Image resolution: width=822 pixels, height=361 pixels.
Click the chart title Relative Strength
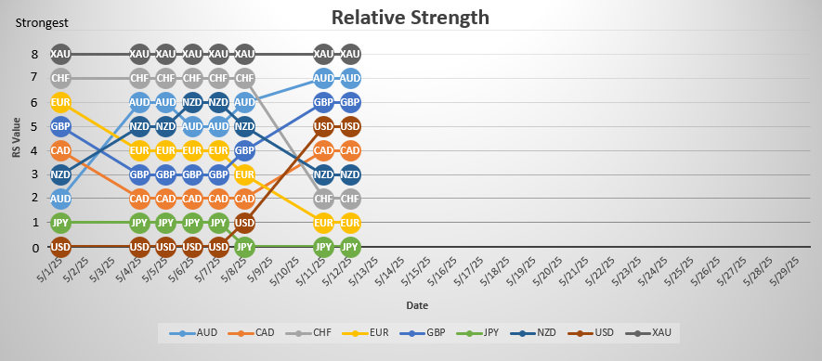[411, 17]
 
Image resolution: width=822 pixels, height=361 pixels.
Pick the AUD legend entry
[199, 331]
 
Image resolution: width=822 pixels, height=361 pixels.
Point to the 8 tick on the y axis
[34, 54]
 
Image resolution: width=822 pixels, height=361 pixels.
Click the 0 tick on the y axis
[34, 248]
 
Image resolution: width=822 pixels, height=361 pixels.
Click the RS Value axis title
[15, 151]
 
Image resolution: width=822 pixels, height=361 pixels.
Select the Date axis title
[417, 304]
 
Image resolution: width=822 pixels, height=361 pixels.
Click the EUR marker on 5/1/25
[61, 102]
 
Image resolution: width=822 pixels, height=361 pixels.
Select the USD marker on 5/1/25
[61, 248]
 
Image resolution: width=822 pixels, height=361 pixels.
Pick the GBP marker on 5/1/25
[61, 126]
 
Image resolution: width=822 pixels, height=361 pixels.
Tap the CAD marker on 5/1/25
[61, 150]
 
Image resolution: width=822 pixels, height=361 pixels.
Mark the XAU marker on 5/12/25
[350, 54]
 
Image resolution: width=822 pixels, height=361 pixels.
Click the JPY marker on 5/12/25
[350, 248]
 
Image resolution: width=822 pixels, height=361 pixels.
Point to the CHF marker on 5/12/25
[350, 199]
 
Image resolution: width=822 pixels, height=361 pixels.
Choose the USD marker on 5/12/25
[350, 126]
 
